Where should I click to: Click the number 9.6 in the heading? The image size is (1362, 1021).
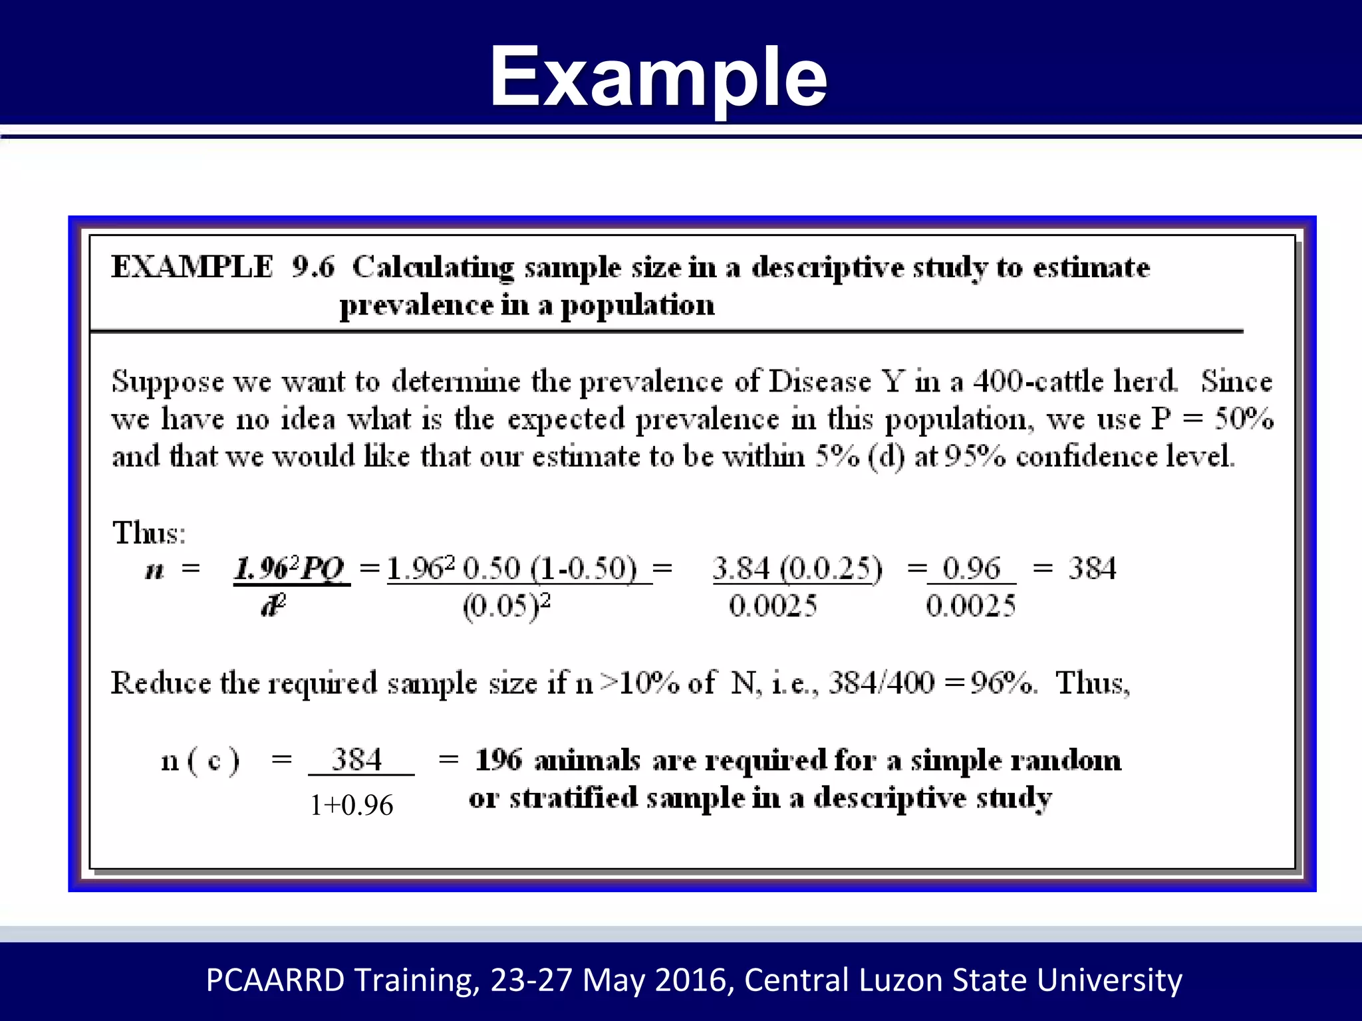(313, 267)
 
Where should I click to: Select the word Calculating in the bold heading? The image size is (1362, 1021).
(433, 268)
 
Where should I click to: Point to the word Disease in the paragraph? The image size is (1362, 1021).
(819, 382)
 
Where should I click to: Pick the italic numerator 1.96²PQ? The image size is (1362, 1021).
(291, 569)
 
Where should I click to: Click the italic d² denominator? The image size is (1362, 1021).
(273, 606)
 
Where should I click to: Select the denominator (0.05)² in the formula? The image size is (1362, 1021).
(507, 606)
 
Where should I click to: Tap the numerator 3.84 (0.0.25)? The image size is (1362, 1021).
(797, 569)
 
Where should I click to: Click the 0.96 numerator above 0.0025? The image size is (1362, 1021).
(971, 568)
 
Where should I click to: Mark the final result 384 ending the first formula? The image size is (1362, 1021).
(1092, 568)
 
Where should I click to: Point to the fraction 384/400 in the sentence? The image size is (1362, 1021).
(881, 683)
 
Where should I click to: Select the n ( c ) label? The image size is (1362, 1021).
(200, 760)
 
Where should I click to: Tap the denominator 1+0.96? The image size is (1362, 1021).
(352, 805)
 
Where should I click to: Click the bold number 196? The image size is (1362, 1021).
(499, 760)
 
